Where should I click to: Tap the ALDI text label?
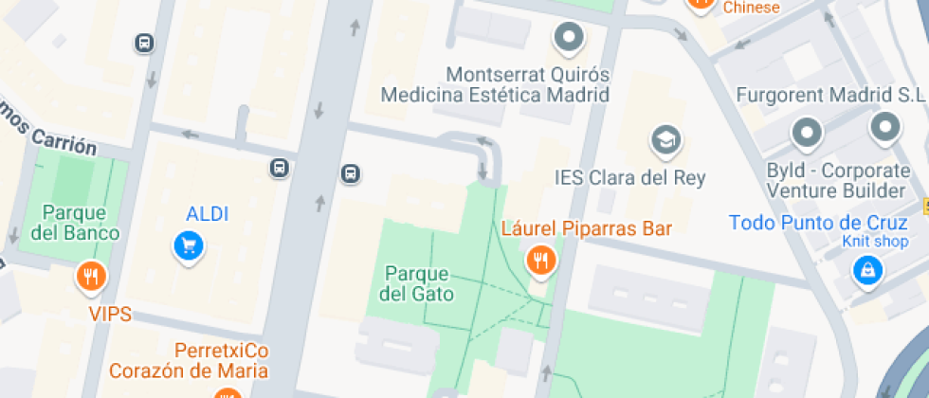pos(208,214)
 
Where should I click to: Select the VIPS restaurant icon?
pos(91,277)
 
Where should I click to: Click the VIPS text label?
pos(110,314)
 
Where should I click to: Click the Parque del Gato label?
pos(416,283)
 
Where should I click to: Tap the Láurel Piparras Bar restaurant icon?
pos(540,259)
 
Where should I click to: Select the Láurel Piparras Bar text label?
pos(587,228)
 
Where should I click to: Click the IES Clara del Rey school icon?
pos(666,141)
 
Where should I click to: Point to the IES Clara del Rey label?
pos(629,177)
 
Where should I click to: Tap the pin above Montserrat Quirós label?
pos(569,38)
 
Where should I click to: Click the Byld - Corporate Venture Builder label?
pos(837,181)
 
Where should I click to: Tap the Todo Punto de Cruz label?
pos(819,224)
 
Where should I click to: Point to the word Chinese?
pos(751,8)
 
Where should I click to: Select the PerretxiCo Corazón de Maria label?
pos(188,360)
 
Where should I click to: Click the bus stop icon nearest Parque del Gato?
pos(351,173)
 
